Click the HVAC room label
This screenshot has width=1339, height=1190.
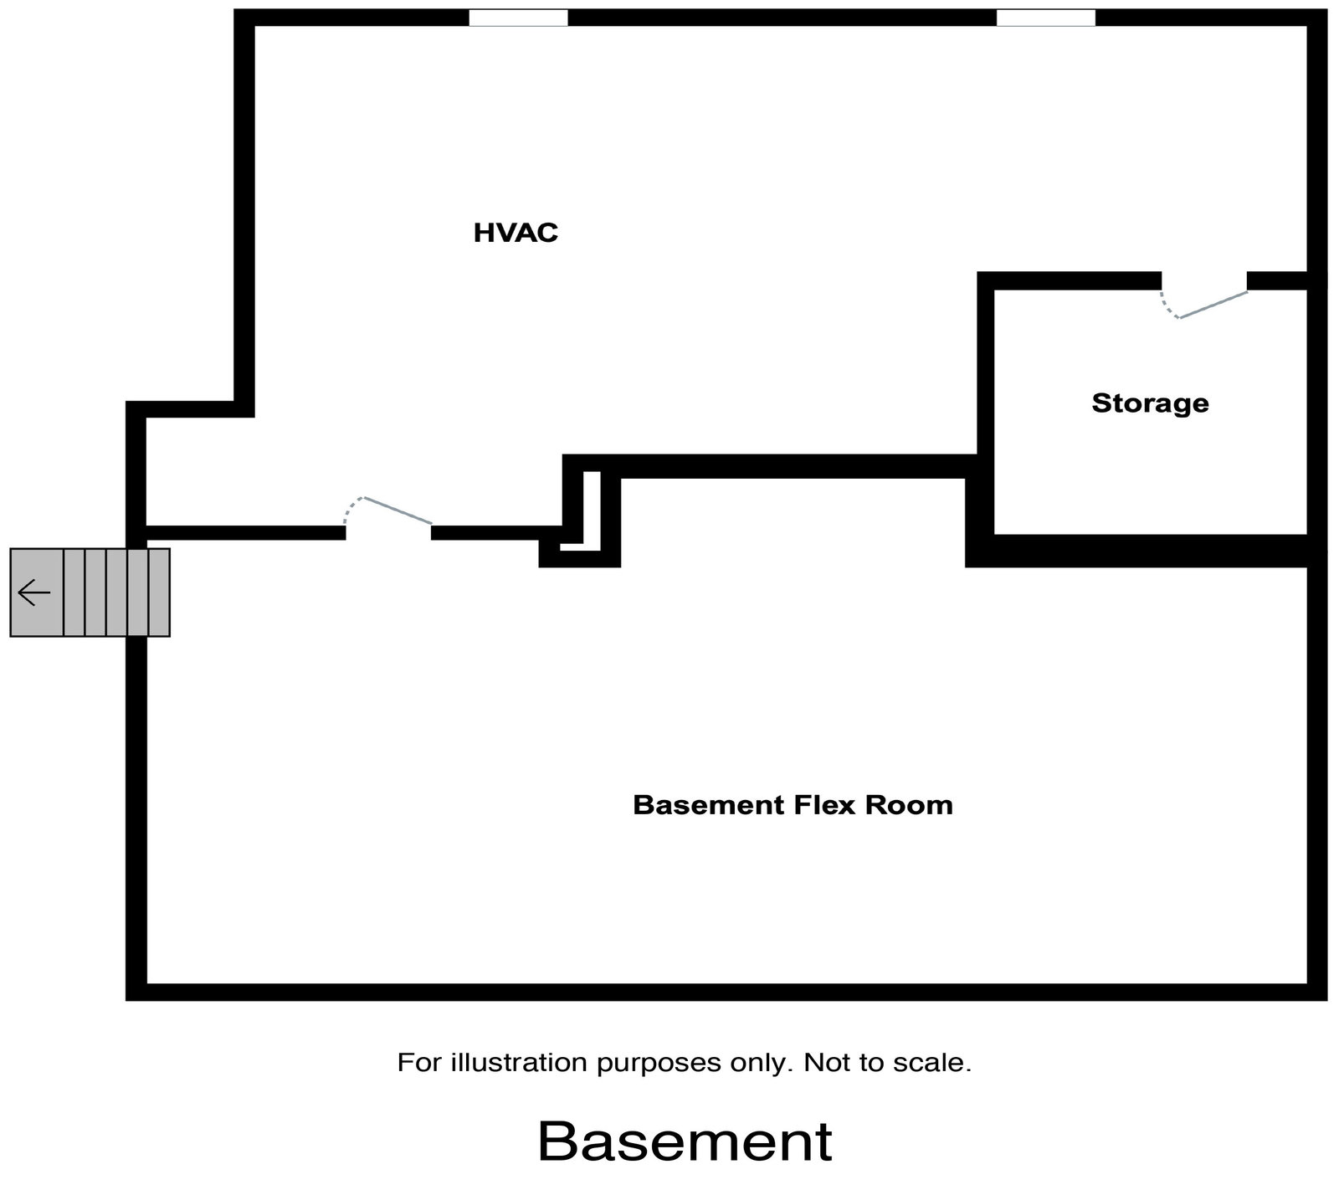click(x=516, y=233)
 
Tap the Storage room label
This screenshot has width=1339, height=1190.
click(x=1150, y=403)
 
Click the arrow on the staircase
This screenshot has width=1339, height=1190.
click(x=34, y=592)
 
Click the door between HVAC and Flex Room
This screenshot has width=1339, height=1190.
click(x=389, y=512)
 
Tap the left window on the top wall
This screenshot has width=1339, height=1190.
click(x=518, y=18)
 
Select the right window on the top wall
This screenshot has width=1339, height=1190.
click(x=1045, y=18)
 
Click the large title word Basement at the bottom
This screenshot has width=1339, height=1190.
click(x=685, y=1141)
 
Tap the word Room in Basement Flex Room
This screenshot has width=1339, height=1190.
click(x=909, y=805)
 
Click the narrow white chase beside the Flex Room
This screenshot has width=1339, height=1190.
click(x=592, y=510)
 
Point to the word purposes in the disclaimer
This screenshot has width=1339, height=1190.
click(x=644, y=1064)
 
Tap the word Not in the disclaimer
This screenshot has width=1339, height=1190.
click(x=824, y=1063)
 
